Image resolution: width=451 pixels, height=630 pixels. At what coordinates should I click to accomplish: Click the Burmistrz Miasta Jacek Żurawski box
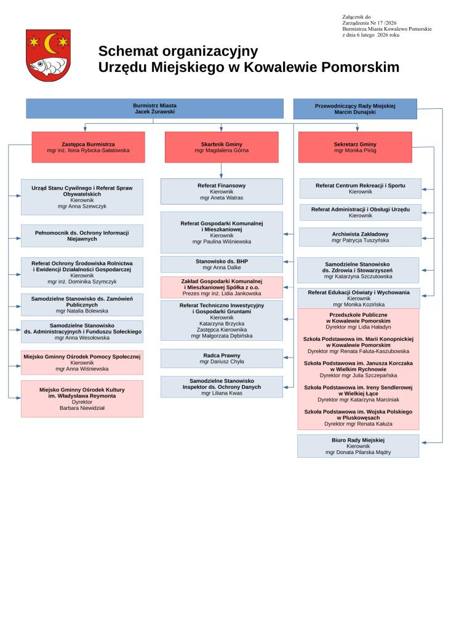pos(154,108)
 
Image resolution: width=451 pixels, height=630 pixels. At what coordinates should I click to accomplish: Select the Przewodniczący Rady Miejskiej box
pos(355,108)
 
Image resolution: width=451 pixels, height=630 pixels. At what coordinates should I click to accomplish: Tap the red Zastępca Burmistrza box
pos(88,147)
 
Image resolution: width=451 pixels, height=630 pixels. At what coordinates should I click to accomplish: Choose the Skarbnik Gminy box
pos(222,147)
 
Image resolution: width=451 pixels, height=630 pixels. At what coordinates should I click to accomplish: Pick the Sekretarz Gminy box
pos(355,147)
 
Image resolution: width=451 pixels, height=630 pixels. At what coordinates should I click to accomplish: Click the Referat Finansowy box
pos(222,191)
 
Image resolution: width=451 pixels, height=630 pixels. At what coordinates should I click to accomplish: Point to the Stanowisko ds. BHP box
pos(222,264)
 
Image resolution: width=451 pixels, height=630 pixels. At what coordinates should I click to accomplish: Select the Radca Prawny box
pos(222,358)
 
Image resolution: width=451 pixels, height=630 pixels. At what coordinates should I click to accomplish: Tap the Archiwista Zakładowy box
pos(361,237)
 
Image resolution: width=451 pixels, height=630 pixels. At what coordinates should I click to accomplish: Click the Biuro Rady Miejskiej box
pos(358,446)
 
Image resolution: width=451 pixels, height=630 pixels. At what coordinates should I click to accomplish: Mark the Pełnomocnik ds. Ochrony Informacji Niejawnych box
pos(82,236)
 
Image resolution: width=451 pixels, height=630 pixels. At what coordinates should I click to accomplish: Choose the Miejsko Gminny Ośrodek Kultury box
pos(82,399)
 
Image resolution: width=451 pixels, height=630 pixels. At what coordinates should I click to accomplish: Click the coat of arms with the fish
pos(48,55)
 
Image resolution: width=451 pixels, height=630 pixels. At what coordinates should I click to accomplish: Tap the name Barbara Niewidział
pos(82,408)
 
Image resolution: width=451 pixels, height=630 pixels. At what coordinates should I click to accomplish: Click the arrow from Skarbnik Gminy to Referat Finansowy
pos(222,170)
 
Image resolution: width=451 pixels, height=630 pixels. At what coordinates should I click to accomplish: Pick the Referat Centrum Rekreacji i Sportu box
pos(361,188)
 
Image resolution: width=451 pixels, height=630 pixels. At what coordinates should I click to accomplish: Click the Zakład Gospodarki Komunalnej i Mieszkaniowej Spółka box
pos(222,287)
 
